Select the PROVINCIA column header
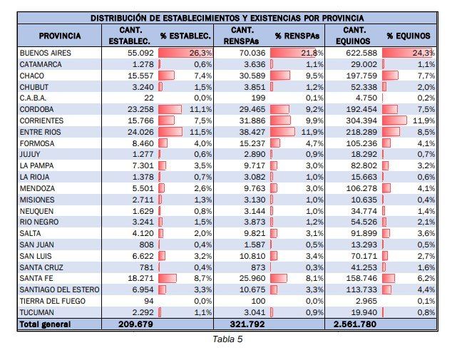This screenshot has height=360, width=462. click(60, 36)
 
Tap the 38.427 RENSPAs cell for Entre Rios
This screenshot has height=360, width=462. click(250, 133)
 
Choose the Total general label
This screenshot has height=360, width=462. click(45, 324)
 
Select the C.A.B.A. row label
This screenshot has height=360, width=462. click(34, 98)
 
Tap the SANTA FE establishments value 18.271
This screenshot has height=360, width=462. click(140, 278)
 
